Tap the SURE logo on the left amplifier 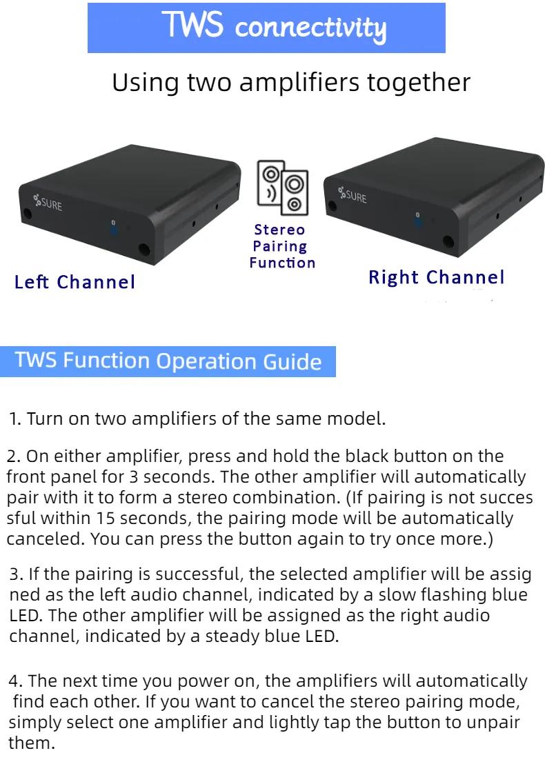(48, 203)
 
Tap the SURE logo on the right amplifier (353, 195)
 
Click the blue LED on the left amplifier (114, 229)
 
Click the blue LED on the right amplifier (418, 221)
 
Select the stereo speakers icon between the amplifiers (283, 188)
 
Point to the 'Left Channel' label (75, 282)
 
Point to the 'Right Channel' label (436, 277)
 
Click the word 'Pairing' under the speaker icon (280, 247)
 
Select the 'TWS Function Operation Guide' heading (168, 361)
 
